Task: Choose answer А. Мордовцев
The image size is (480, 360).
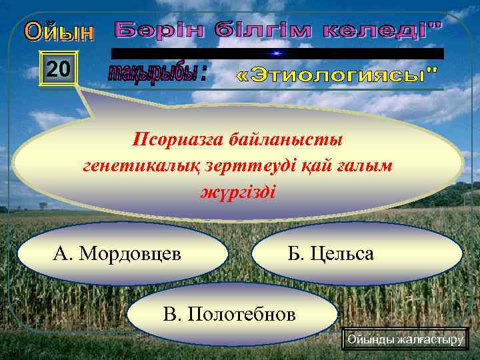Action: click(123, 253)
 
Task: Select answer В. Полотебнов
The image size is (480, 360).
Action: click(231, 313)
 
